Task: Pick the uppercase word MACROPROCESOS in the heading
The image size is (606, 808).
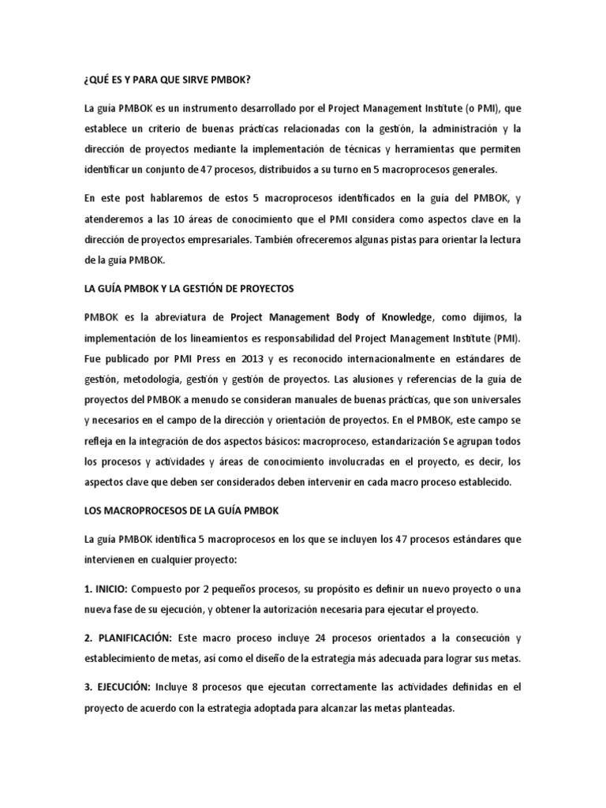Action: [x=138, y=511]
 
